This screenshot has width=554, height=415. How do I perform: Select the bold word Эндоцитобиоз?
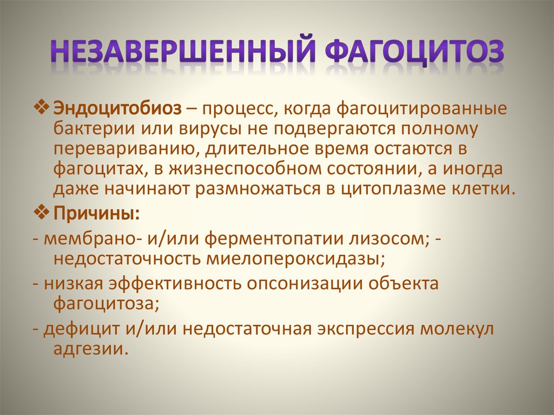[x=117, y=108]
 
